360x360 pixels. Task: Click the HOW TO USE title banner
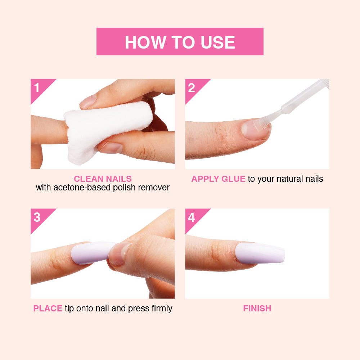[180, 41]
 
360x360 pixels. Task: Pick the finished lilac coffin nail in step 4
[260, 253]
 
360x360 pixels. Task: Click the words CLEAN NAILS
[103, 179]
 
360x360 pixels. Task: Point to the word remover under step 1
[154, 188]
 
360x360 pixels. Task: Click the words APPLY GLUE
[219, 179]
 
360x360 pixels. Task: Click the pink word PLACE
[48, 309]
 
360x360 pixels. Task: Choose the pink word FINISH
[257, 309]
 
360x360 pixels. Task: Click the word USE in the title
[218, 42]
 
